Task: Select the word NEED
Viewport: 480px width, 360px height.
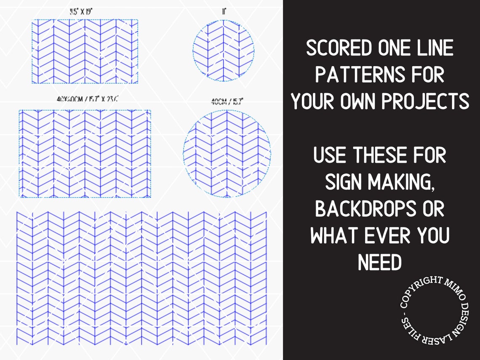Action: click(x=380, y=263)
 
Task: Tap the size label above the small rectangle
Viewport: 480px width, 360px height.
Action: click(x=81, y=11)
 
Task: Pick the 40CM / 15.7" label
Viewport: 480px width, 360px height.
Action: click(x=227, y=101)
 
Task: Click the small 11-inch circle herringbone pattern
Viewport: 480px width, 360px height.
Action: click(x=224, y=51)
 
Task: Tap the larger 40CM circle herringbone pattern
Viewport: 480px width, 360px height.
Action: click(x=227, y=154)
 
